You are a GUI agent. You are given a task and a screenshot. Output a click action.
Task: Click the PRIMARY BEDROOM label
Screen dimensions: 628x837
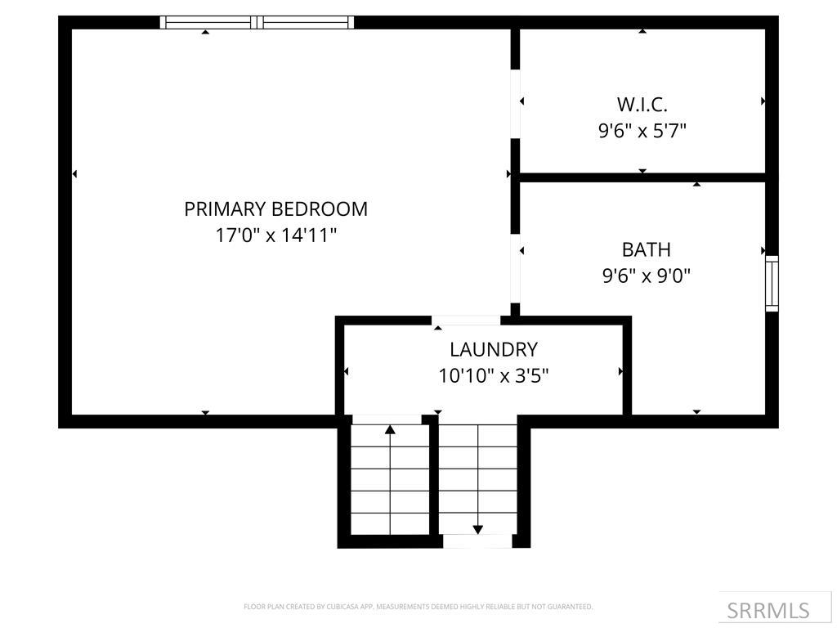coord(275,209)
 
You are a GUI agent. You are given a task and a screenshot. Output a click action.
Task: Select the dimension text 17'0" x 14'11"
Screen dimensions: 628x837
coord(275,235)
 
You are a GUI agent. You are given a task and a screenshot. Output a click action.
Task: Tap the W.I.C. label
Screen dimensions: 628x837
coord(642,104)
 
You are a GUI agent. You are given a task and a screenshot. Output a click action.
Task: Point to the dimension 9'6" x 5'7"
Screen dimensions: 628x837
coord(642,130)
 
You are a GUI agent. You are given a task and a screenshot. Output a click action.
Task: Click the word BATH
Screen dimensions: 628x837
coord(646,249)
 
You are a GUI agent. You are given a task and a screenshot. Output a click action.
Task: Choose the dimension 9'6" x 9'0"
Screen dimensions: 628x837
coord(646,276)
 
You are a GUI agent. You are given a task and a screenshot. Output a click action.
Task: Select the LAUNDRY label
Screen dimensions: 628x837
coord(493,349)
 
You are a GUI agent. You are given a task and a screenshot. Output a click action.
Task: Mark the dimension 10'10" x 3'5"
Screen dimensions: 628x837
coord(493,376)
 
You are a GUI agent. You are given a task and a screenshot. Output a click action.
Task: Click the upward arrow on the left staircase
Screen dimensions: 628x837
coord(390,428)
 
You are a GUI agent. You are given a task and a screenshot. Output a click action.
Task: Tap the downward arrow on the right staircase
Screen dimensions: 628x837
coord(477,530)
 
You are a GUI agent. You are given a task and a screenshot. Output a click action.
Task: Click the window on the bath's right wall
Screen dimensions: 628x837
coord(771,284)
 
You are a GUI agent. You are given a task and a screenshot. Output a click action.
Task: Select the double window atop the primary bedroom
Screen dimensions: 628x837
coord(257,22)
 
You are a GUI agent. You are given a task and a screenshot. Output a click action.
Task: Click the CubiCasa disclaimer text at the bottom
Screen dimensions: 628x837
coord(418,607)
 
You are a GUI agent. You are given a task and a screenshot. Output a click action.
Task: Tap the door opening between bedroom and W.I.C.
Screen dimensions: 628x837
coord(515,104)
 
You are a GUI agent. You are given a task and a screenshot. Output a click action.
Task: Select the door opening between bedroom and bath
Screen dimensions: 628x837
coord(515,268)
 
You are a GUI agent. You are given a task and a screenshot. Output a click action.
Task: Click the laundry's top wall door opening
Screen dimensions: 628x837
coord(466,321)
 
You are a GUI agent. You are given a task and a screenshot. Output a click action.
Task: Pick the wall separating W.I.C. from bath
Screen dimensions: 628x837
coord(642,177)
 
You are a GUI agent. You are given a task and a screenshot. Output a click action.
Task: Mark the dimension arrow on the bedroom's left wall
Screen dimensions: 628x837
coord(74,173)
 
